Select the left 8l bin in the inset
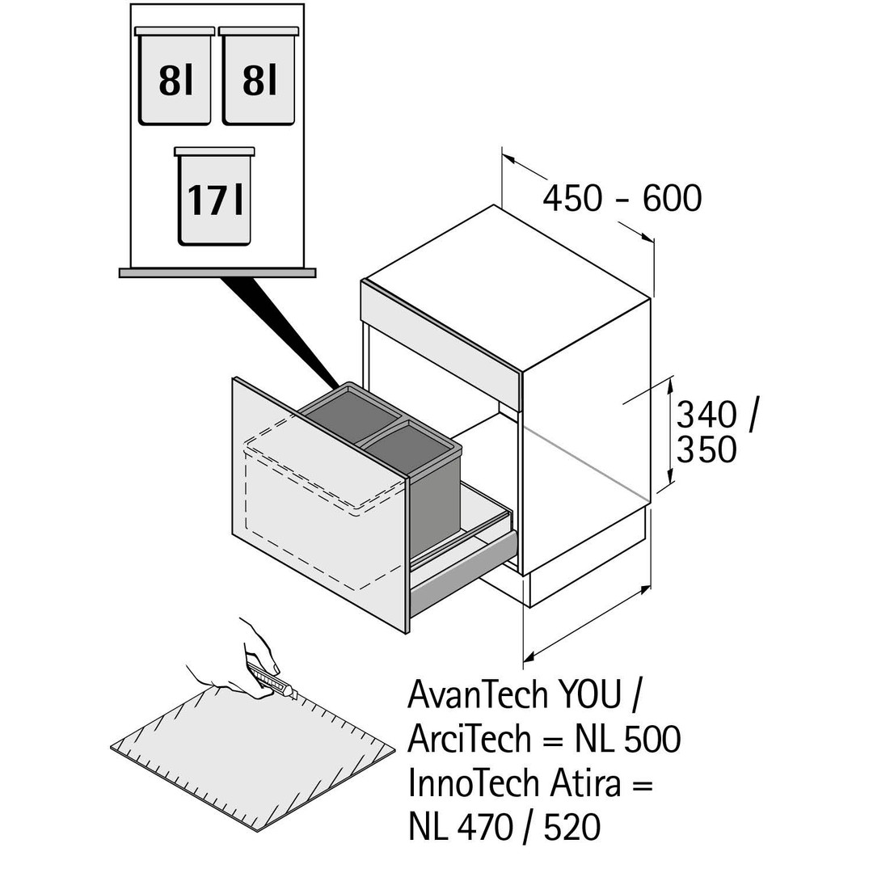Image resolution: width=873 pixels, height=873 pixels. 175,78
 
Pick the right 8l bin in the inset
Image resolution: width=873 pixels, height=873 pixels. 259,78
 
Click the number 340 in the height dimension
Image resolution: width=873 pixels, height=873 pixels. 706,415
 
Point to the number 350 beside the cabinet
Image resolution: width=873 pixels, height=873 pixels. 706,450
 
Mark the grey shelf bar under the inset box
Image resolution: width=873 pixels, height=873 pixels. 217,273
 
